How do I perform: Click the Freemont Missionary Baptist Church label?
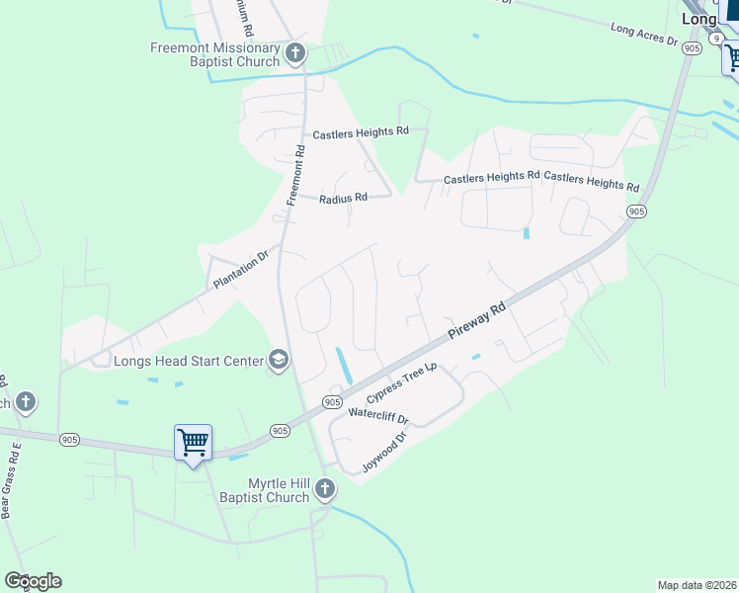tap(215, 54)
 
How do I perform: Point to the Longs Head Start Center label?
tap(188, 360)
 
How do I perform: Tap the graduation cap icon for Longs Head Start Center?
tap(279, 360)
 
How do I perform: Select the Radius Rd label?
tap(343, 199)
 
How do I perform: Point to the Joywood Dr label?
tap(385, 453)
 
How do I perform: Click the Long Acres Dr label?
tap(644, 36)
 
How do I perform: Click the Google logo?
tap(33, 580)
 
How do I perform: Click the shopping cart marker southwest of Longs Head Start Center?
tap(193, 442)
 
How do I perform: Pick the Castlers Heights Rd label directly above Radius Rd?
tap(361, 132)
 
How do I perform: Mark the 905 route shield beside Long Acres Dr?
tap(692, 47)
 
